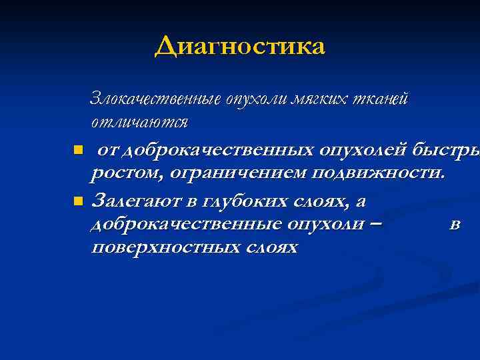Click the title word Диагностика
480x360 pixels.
[x=240, y=47]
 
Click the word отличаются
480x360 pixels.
[x=139, y=123]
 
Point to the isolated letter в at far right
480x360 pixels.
[x=454, y=224]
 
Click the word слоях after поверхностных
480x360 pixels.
[x=274, y=247]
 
